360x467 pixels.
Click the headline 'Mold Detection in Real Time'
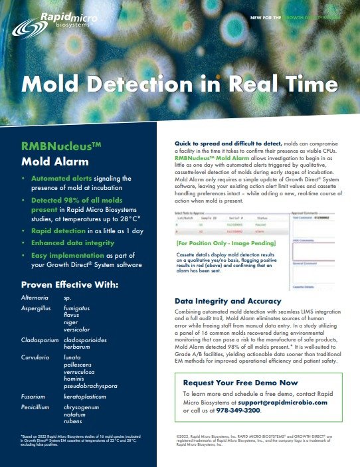pos(179,85)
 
